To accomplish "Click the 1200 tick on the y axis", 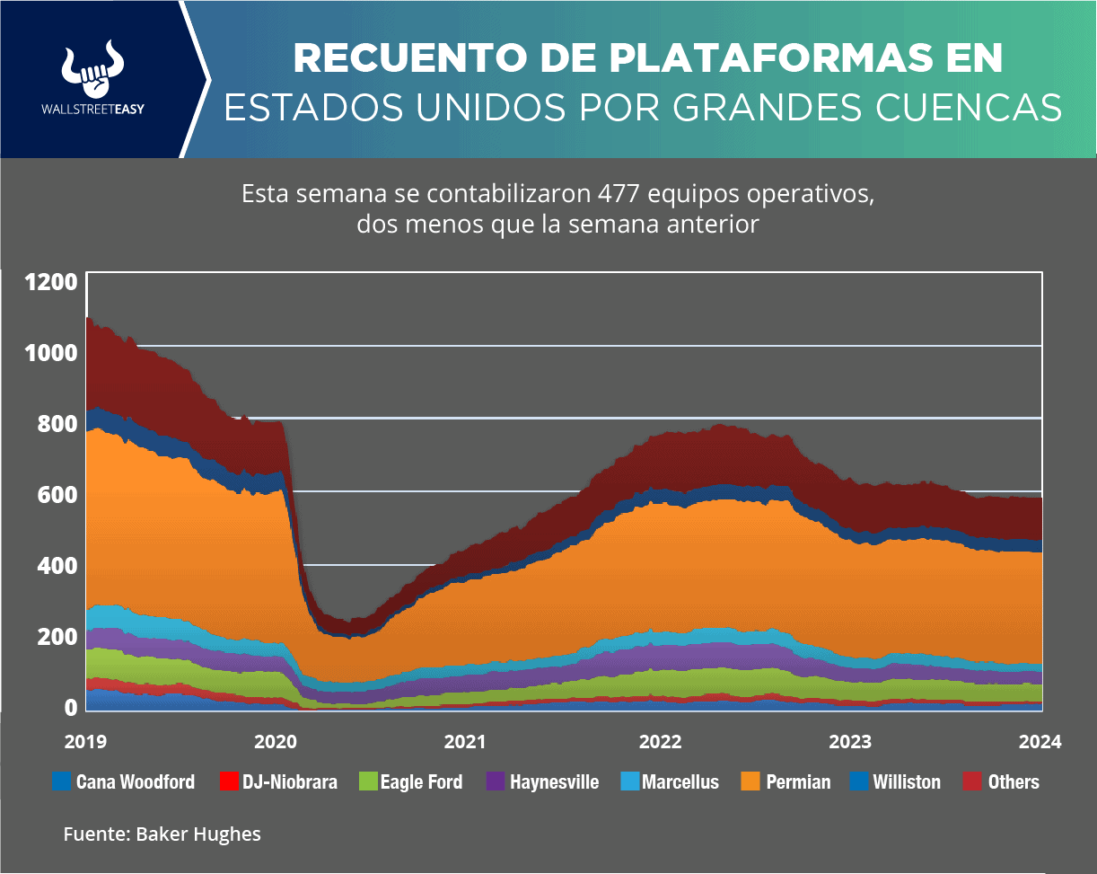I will click(x=51, y=282).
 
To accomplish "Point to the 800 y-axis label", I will click(x=51, y=424).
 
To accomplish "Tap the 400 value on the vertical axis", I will click(x=51, y=566).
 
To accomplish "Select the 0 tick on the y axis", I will click(x=68, y=708).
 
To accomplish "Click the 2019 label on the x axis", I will click(x=85, y=742).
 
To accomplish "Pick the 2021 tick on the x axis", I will click(x=466, y=742).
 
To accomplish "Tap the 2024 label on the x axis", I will click(x=1040, y=742).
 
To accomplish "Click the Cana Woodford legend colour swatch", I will click(x=61, y=781).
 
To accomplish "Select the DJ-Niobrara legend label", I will click(x=290, y=782).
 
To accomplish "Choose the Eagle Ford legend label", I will click(x=421, y=782).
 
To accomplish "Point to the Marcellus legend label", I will click(x=680, y=782).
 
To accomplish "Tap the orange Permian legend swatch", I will click(x=748, y=781).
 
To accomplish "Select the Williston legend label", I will click(x=907, y=782).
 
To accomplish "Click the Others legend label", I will click(x=1014, y=782).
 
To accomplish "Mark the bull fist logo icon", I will click(x=93, y=67).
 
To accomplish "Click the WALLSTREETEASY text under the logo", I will click(x=93, y=110).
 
